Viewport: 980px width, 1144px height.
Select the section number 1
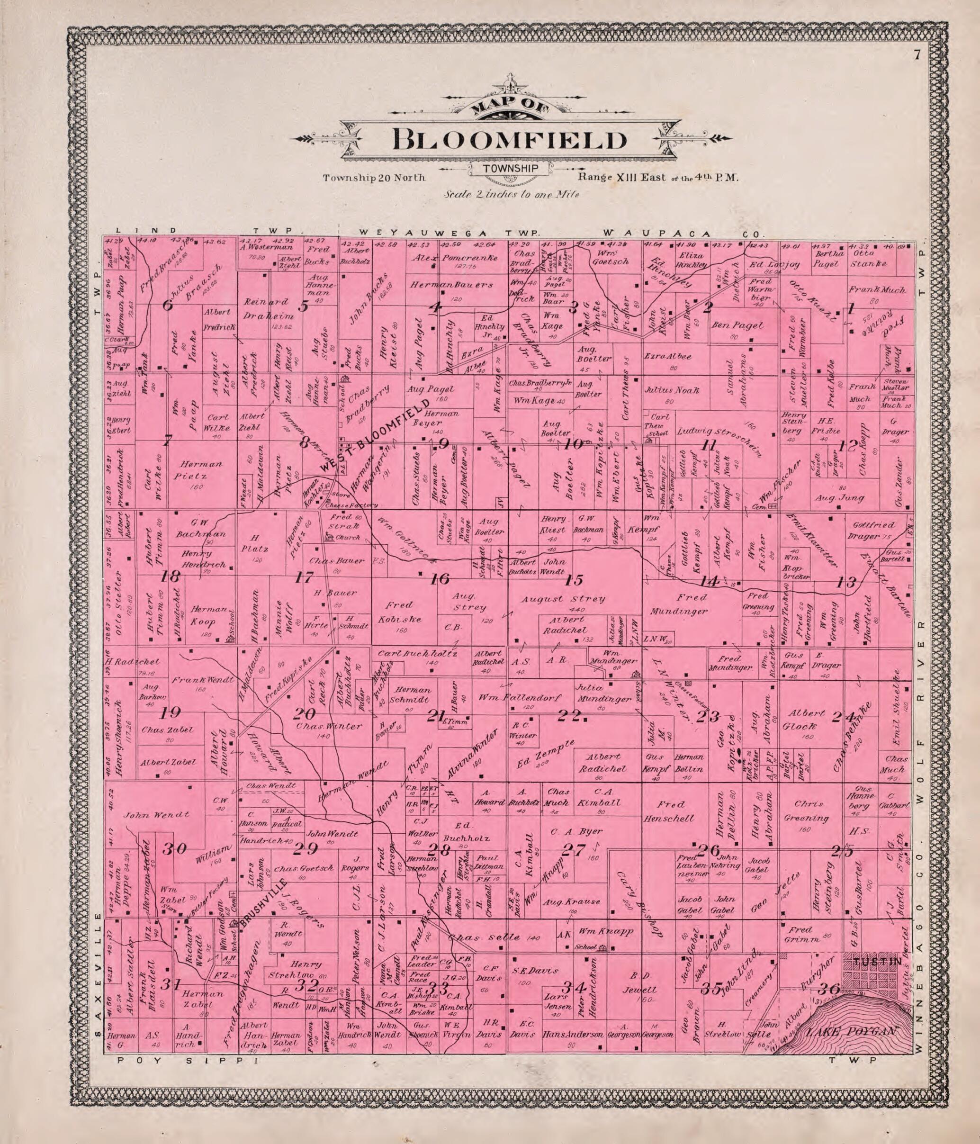coord(851,309)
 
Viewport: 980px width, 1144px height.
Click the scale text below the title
coord(509,194)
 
